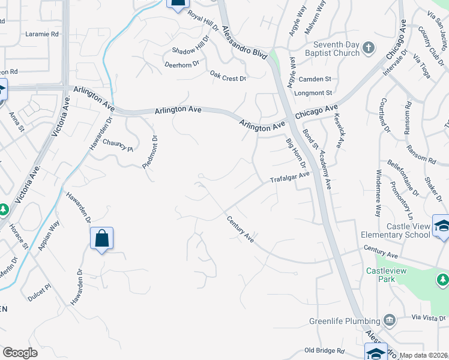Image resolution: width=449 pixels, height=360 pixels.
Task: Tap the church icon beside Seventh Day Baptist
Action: [369, 47]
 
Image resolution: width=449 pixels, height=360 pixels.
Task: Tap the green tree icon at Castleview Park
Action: [442, 279]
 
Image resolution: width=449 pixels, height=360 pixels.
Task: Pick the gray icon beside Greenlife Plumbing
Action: [390, 320]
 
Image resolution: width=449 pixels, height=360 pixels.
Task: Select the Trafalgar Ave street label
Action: [289, 178]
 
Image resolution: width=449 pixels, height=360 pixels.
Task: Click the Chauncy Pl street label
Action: [118, 145]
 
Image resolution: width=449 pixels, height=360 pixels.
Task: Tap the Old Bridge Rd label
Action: [324, 350]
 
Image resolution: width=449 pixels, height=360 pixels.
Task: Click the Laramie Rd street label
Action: [42, 35]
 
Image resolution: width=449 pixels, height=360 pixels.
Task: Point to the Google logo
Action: [20, 353]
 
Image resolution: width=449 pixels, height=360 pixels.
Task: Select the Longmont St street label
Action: [313, 93]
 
